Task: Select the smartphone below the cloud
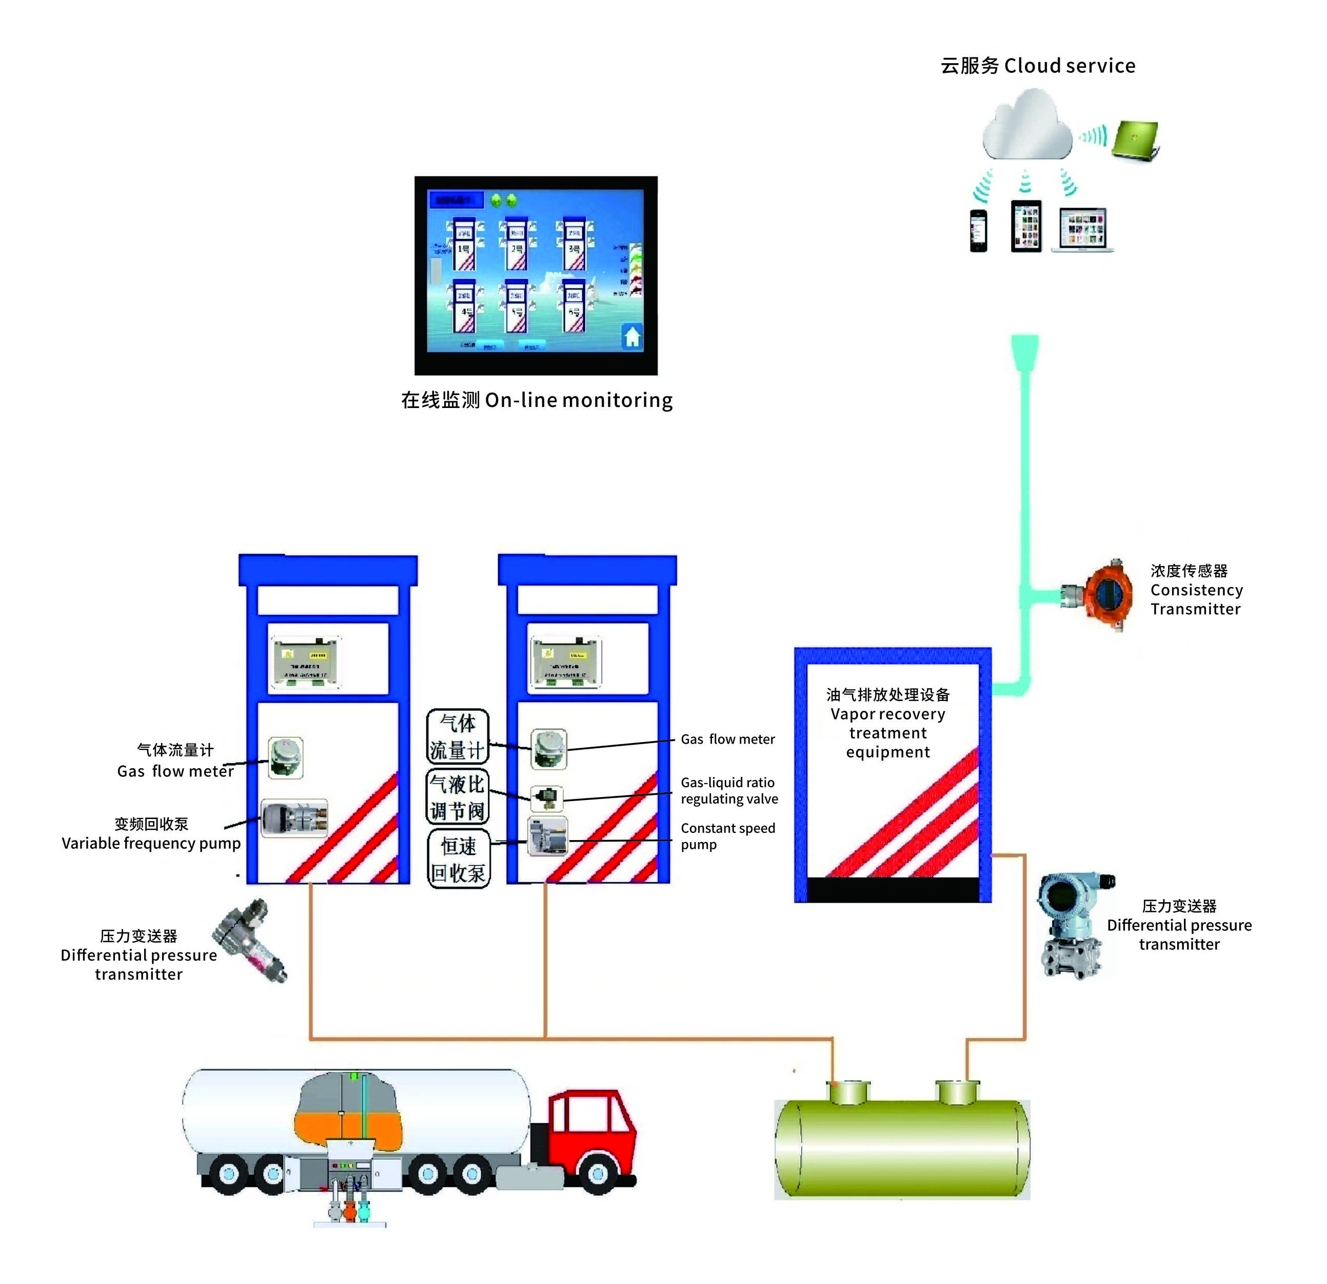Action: [x=978, y=230]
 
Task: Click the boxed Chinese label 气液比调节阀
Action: [x=458, y=797]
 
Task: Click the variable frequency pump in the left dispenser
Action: [x=294, y=818]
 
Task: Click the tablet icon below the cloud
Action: [x=1026, y=227]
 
